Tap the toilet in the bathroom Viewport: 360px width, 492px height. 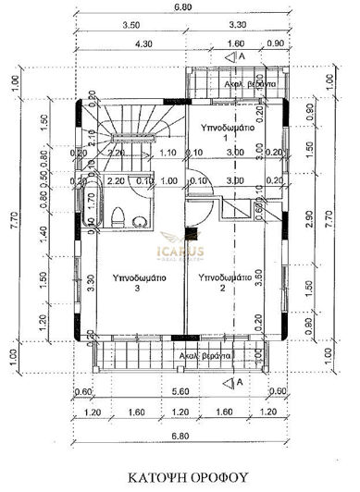click(x=117, y=218)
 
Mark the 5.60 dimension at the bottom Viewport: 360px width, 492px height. click(x=180, y=391)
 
